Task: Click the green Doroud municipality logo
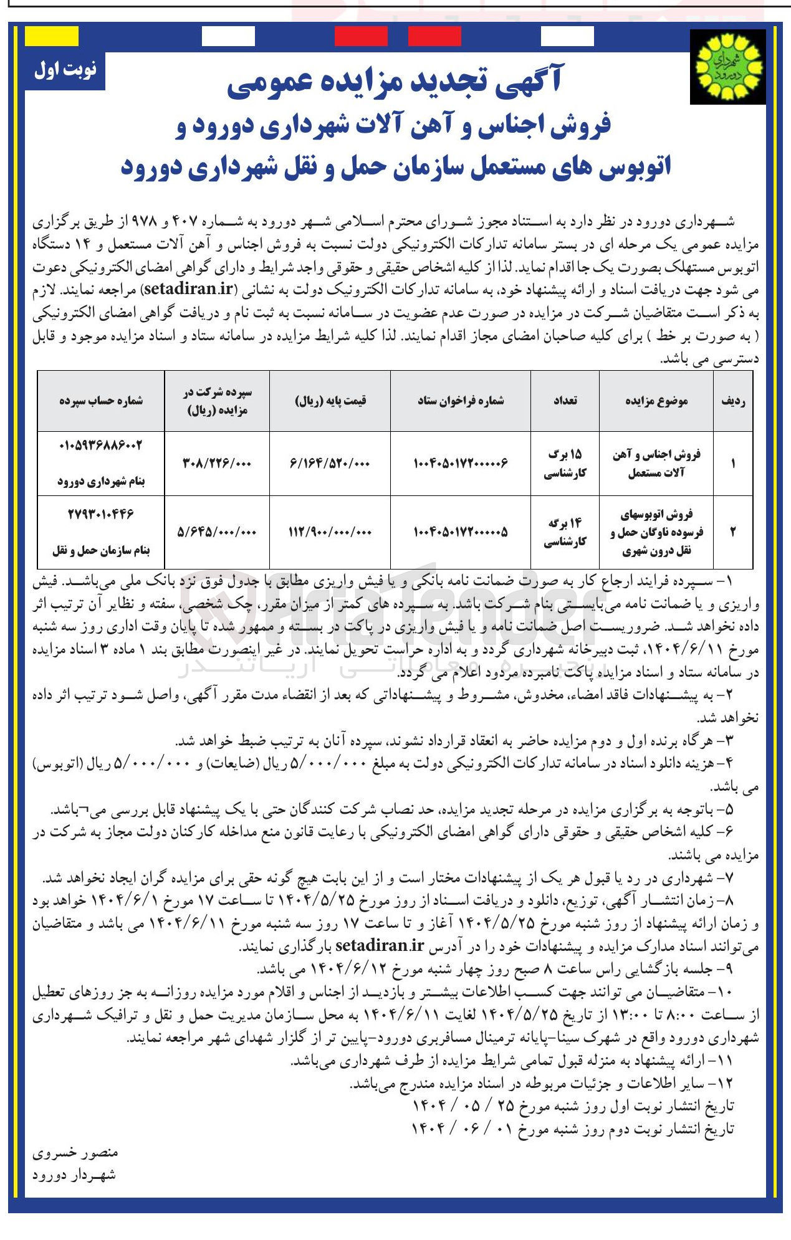tap(728, 66)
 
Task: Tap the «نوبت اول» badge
tap(65, 69)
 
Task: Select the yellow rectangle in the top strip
tap(52, 36)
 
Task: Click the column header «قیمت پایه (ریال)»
tap(330, 401)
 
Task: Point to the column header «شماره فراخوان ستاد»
tap(461, 401)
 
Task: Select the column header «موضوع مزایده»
tap(656, 401)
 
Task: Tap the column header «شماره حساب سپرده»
tap(101, 401)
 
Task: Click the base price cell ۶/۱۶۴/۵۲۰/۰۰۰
tap(330, 463)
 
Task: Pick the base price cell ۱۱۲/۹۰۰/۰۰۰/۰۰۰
tap(330, 532)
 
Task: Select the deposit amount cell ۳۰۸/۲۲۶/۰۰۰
tap(217, 463)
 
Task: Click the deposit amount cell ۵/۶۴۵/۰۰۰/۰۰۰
tap(217, 532)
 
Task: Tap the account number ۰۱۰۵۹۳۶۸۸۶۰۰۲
tap(101, 446)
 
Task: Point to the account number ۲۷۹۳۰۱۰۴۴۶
tap(101, 514)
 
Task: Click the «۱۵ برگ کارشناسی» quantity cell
tap(565, 463)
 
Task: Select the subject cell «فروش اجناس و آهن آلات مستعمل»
tap(656, 463)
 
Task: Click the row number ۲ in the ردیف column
tap(733, 532)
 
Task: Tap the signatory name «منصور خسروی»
tap(75, 1153)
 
